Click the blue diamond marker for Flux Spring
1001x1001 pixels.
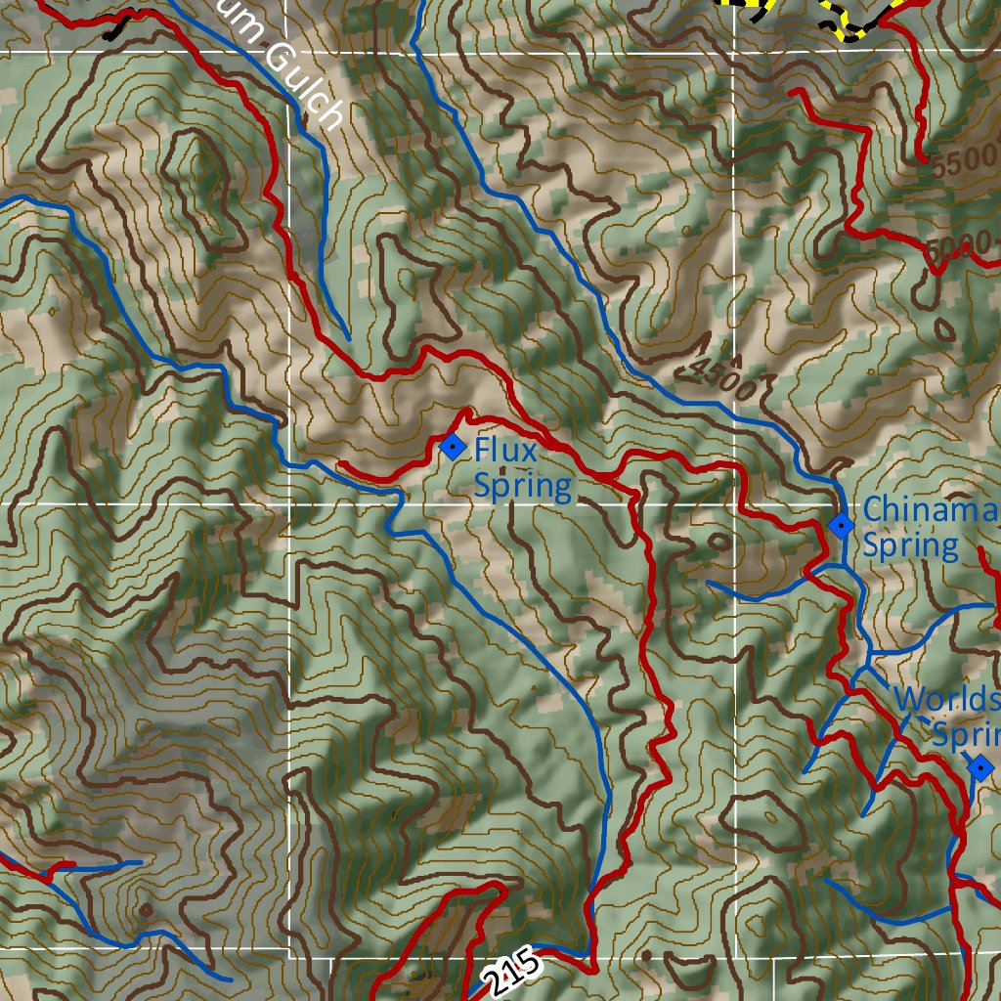[452, 447]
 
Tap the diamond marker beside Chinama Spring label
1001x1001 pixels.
[841, 526]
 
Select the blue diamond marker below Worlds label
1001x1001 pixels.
[980, 768]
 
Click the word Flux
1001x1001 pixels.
[505, 451]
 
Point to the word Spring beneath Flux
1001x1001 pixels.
[522, 486]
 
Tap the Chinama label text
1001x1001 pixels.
[930, 509]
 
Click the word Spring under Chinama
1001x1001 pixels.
[910, 544]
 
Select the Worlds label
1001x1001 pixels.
[946, 699]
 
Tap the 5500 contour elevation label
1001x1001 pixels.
[964, 161]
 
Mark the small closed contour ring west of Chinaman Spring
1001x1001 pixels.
[719, 541]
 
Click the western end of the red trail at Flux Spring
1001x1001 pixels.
[340, 463]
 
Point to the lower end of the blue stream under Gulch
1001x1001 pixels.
[348, 338]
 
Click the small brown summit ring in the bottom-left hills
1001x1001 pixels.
[146, 910]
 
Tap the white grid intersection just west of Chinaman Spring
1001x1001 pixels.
[734, 504]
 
